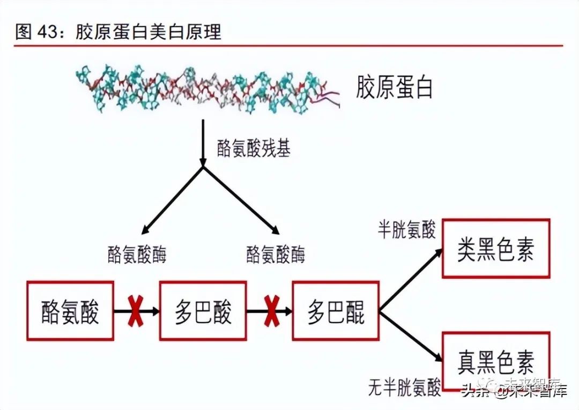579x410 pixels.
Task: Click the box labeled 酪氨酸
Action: point(70,310)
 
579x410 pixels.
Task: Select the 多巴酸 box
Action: point(203,310)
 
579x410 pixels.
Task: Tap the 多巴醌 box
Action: point(336,310)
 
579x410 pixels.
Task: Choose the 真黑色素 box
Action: point(496,361)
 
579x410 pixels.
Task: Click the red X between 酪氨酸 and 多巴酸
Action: point(136,311)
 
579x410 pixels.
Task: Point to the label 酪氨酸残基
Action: point(254,148)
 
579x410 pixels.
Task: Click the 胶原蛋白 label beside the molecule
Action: point(395,87)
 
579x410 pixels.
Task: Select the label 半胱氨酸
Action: point(406,229)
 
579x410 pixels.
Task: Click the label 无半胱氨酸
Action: point(405,386)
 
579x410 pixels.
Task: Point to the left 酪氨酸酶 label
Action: point(137,255)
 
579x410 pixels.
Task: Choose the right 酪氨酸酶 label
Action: point(276,255)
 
